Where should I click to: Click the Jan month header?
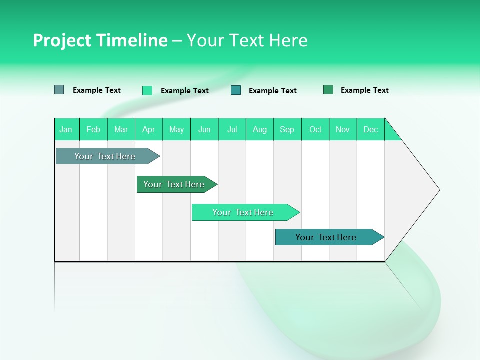click(x=66, y=129)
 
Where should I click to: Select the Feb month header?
click(x=93, y=129)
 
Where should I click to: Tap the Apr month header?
click(x=149, y=129)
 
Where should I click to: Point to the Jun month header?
click(x=204, y=129)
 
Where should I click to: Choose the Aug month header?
click(x=260, y=129)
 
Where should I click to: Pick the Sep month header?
click(x=287, y=129)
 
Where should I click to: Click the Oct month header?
click(x=315, y=129)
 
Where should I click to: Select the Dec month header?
click(x=371, y=129)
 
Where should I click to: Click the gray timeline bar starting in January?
click(x=105, y=156)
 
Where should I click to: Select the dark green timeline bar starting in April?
click(x=174, y=184)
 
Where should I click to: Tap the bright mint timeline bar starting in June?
click(x=243, y=212)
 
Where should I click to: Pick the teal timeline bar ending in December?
click(x=326, y=237)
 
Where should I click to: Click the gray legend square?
click(x=59, y=90)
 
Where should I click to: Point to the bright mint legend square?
click(x=147, y=90)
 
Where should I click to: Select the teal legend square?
click(x=236, y=90)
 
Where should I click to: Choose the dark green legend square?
click(x=328, y=90)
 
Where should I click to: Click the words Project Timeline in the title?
click(x=100, y=40)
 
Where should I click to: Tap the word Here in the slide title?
click(x=288, y=40)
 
